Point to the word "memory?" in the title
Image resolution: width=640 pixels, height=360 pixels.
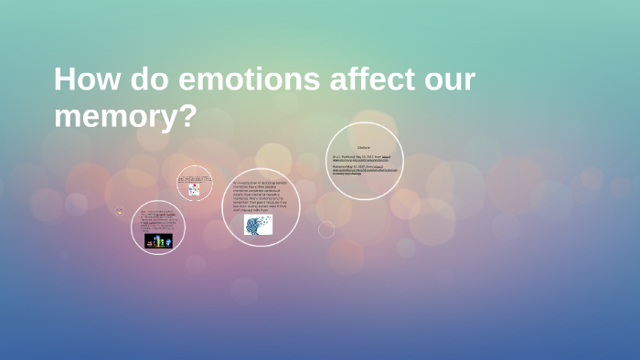[x=125, y=117]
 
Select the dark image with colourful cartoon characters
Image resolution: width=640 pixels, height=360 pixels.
[x=158, y=240]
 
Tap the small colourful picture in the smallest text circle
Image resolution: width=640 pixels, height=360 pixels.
[x=194, y=190]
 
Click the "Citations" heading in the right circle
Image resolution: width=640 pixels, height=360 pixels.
[x=364, y=147]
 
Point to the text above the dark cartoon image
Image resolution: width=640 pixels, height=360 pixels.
[x=158, y=219]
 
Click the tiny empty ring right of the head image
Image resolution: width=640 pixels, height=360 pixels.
[x=326, y=229]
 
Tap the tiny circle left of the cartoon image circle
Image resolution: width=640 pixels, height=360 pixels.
[x=119, y=211]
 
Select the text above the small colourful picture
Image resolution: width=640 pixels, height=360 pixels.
[x=194, y=177]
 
